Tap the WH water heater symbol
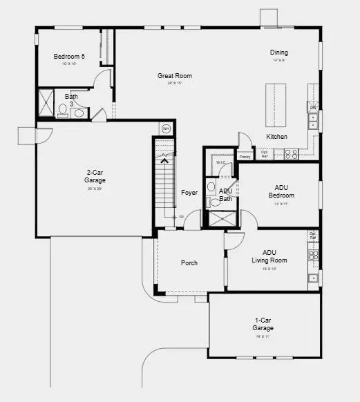165,128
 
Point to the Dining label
278,52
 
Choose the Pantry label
245,157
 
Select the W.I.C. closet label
221,163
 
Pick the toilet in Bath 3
62,109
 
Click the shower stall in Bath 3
45,104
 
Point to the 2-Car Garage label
95,176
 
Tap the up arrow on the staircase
164,162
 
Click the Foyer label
189,193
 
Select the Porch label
189,262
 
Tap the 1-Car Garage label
263,324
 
